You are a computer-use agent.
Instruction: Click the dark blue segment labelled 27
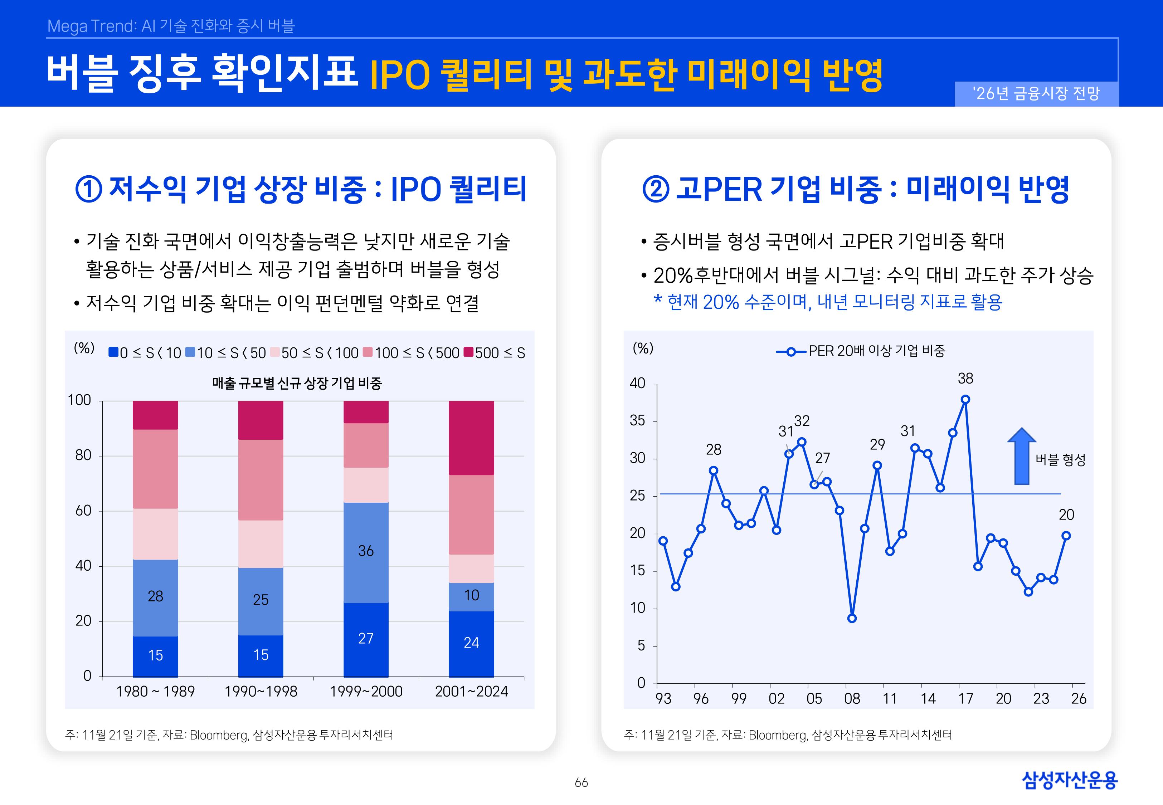click(366, 639)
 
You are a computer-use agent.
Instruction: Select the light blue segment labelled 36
click(366, 552)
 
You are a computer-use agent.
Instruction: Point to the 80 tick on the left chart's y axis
click(83, 455)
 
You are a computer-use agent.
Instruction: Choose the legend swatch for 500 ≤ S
click(468, 352)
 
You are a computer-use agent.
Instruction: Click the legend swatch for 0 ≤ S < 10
click(113, 352)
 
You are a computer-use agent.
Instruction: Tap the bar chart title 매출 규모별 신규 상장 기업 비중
click(297, 383)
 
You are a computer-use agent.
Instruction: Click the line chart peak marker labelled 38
click(965, 400)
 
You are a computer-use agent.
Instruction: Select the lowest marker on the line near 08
click(852, 618)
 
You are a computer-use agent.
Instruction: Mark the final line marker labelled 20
click(1066, 536)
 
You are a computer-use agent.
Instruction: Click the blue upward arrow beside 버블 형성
click(1021, 457)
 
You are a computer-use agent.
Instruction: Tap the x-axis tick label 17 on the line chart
click(965, 699)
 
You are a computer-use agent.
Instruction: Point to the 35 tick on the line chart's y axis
click(637, 421)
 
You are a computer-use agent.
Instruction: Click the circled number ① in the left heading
click(88, 190)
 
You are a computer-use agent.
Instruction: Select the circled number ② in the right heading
click(656, 190)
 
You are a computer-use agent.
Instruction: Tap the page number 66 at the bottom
click(581, 782)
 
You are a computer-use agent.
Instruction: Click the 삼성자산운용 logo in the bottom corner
click(1069, 780)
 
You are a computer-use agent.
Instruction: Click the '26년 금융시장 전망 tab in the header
click(1036, 94)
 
